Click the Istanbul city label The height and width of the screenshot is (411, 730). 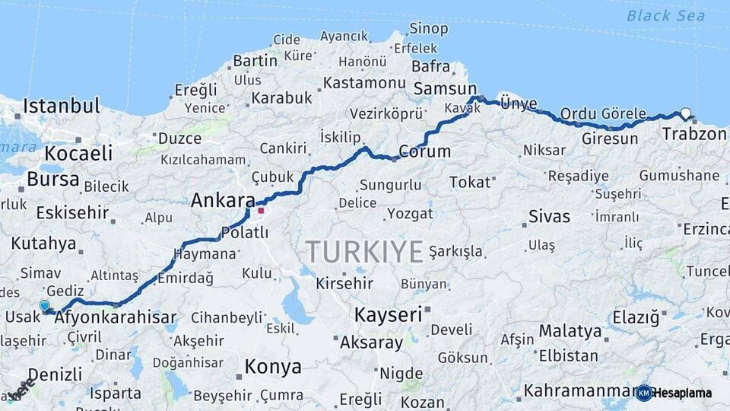click(x=61, y=106)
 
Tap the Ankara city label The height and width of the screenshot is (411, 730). click(x=222, y=201)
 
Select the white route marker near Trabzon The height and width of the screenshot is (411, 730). click(x=686, y=114)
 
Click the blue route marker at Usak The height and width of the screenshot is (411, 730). click(x=45, y=306)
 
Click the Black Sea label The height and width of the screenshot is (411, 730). click(x=660, y=15)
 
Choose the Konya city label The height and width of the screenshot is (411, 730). click(x=272, y=367)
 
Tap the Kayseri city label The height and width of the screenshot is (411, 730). click(x=388, y=314)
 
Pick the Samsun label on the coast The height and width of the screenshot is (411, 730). click(x=445, y=89)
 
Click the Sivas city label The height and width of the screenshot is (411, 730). click(x=549, y=216)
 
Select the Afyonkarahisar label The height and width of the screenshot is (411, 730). click(x=116, y=317)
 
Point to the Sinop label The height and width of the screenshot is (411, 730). click(x=429, y=29)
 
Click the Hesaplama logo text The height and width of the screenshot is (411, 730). click(x=681, y=393)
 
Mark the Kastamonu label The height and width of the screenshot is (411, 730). click(x=363, y=82)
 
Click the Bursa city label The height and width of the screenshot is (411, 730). click(x=52, y=179)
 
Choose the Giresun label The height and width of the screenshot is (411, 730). click(x=609, y=139)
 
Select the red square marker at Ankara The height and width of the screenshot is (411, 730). click(x=261, y=210)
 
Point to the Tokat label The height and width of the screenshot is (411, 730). click(x=470, y=182)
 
